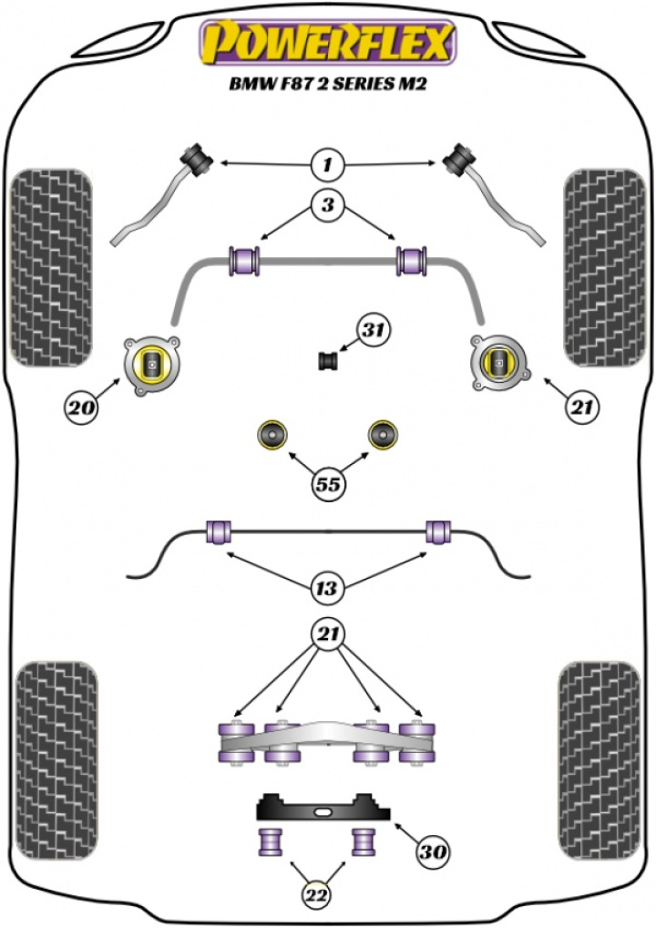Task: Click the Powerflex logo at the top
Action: pyautogui.click(x=328, y=45)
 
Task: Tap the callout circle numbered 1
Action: pyautogui.click(x=327, y=166)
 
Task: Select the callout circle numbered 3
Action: pyautogui.click(x=327, y=205)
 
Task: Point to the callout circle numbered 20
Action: pyautogui.click(x=81, y=407)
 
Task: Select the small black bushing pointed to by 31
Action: pyautogui.click(x=328, y=362)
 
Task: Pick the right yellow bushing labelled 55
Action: pyautogui.click(x=383, y=435)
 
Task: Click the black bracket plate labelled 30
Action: pyautogui.click(x=324, y=808)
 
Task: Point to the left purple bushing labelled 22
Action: pyautogui.click(x=271, y=842)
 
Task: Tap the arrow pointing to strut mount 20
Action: pyautogui.click(x=108, y=389)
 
